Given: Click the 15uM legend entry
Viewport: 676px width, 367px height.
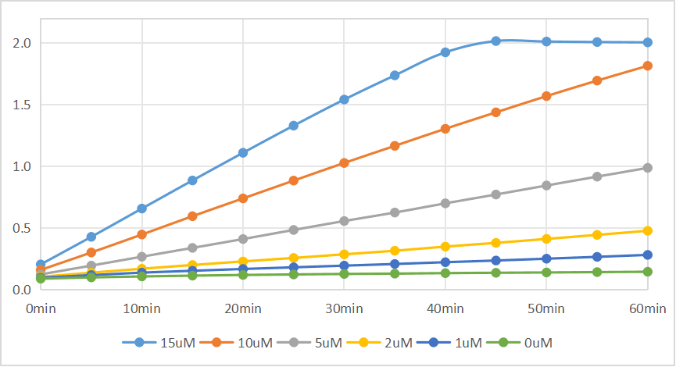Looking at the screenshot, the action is coord(159,343).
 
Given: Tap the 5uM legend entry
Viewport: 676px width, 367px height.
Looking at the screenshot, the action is coord(309,343).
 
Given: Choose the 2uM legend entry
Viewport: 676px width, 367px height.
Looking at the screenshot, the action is coord(379,343).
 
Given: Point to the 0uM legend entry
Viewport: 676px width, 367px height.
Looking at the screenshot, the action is coord(519,343).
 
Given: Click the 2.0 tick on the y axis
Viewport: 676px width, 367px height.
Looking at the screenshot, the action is coord(22,43).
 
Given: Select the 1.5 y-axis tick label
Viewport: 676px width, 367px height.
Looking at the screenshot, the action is coord(22,105).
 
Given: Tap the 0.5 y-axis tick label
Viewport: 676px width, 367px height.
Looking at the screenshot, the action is coord(22,228).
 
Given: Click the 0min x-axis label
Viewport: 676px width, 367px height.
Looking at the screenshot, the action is coord(41,308).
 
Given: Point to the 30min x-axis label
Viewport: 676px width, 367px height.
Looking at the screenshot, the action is coord(344,308).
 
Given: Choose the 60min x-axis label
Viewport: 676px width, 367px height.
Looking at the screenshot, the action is coord(648,308).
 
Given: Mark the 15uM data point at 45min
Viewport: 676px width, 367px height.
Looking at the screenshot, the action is coord(495,41).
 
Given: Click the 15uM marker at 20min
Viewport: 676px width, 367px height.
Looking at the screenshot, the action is coord(243,152).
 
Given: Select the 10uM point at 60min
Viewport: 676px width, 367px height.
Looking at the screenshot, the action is coord(648,66).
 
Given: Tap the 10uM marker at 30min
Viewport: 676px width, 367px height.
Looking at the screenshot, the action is coord(344,163).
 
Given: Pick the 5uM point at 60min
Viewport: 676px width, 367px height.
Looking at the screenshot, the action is coord(648,168).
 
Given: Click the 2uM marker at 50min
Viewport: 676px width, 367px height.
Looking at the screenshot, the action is coord(546,239).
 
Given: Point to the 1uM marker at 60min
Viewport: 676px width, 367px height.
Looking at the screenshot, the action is coord(648,255).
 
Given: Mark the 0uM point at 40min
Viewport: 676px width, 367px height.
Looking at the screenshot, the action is coord(445,273).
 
